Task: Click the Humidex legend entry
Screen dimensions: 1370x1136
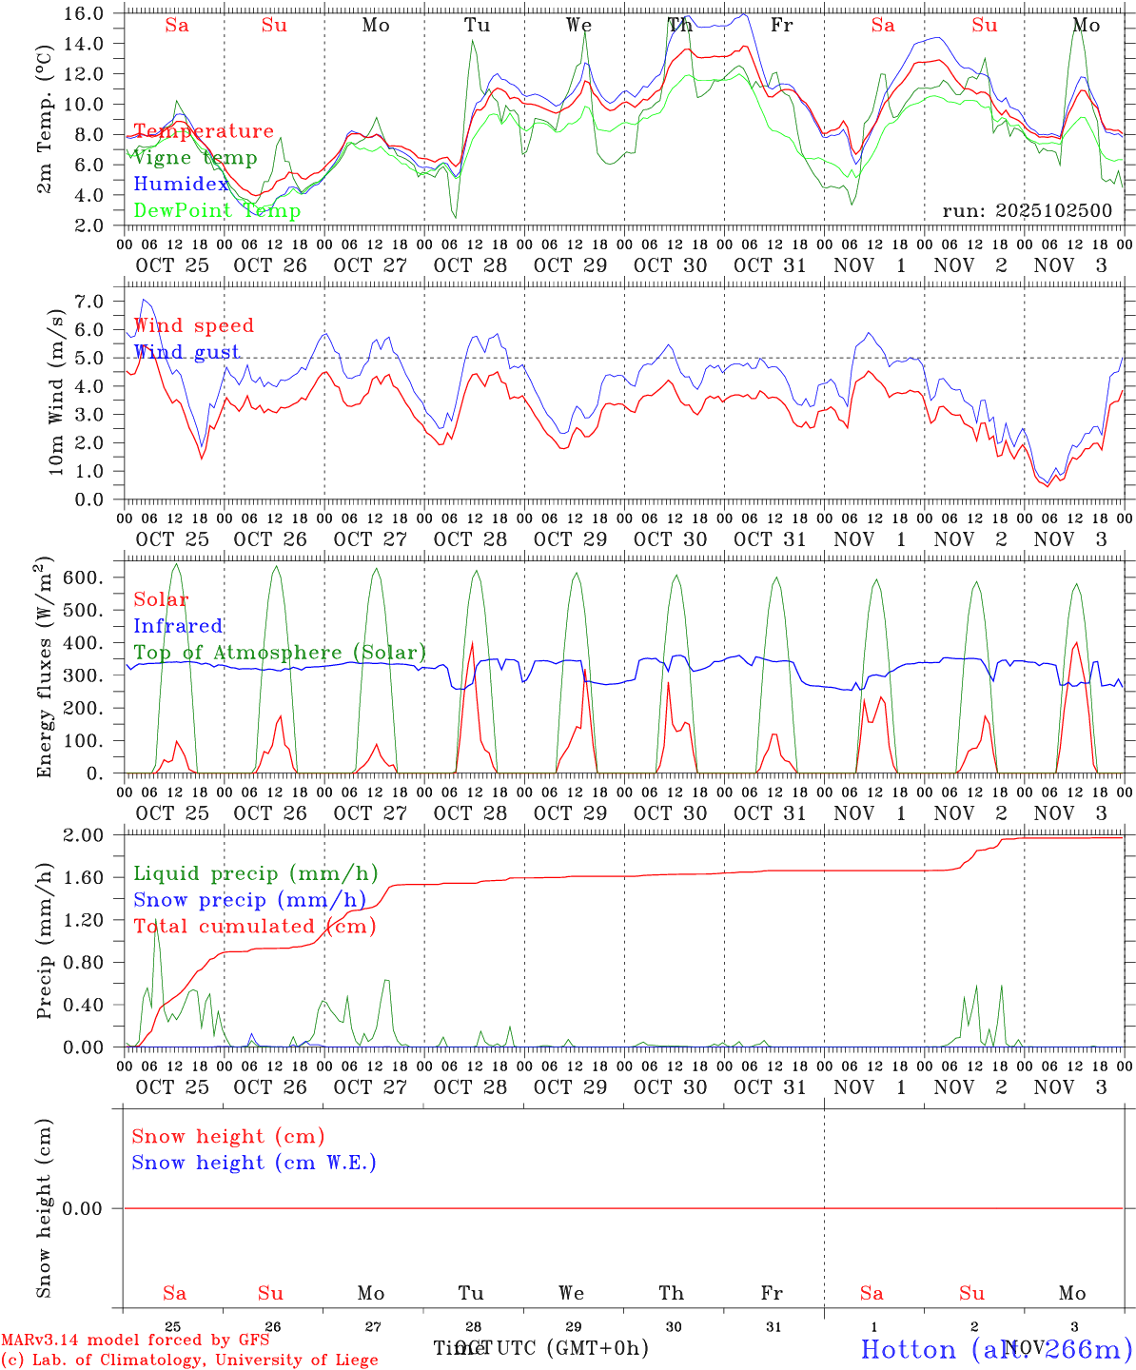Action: (182, 185)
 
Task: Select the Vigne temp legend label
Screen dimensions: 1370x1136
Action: (195, 158)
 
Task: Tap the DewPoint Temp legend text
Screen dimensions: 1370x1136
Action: (217, 211)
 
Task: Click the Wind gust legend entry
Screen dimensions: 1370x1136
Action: (186, 352)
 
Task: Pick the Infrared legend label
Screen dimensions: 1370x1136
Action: (178, 626)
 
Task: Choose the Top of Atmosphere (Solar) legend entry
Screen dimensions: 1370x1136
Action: (280, 653)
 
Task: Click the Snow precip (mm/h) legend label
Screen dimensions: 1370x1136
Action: (249, 900)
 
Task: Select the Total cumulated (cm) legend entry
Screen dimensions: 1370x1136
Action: (254, 927)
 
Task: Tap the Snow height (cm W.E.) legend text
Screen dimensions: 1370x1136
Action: (254, 1163)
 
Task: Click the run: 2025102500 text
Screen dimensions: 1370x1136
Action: (1027, 211)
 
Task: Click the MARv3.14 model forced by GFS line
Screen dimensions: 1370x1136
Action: (135, 1341)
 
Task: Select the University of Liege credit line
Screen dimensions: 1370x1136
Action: (189, 1360)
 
